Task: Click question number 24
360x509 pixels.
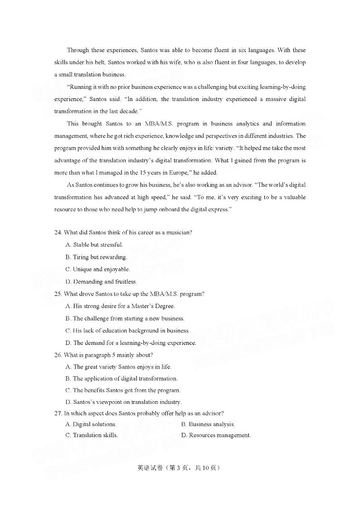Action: coord(58,233)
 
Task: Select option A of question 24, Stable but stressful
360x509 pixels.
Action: coord(94,245)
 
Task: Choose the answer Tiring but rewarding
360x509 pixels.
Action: coord(96,257)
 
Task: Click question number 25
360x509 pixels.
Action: coord(58,294)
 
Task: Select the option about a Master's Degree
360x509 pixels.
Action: coord(120,306)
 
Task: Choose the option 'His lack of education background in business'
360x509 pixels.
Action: coord(127,330)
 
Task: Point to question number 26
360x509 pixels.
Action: coord(58,355)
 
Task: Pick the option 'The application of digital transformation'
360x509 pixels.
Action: coord(122,378)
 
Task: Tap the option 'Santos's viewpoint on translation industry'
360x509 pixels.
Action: coord(123,402)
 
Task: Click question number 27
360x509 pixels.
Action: coord(58,413)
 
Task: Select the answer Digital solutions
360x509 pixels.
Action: coord(91,424)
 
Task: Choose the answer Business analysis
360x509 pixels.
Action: coord(208,424)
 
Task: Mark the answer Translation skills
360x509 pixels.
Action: coord(92,435)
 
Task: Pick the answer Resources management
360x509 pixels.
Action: coord(216,435)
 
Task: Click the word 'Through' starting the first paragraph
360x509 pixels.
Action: coord(78,50)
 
